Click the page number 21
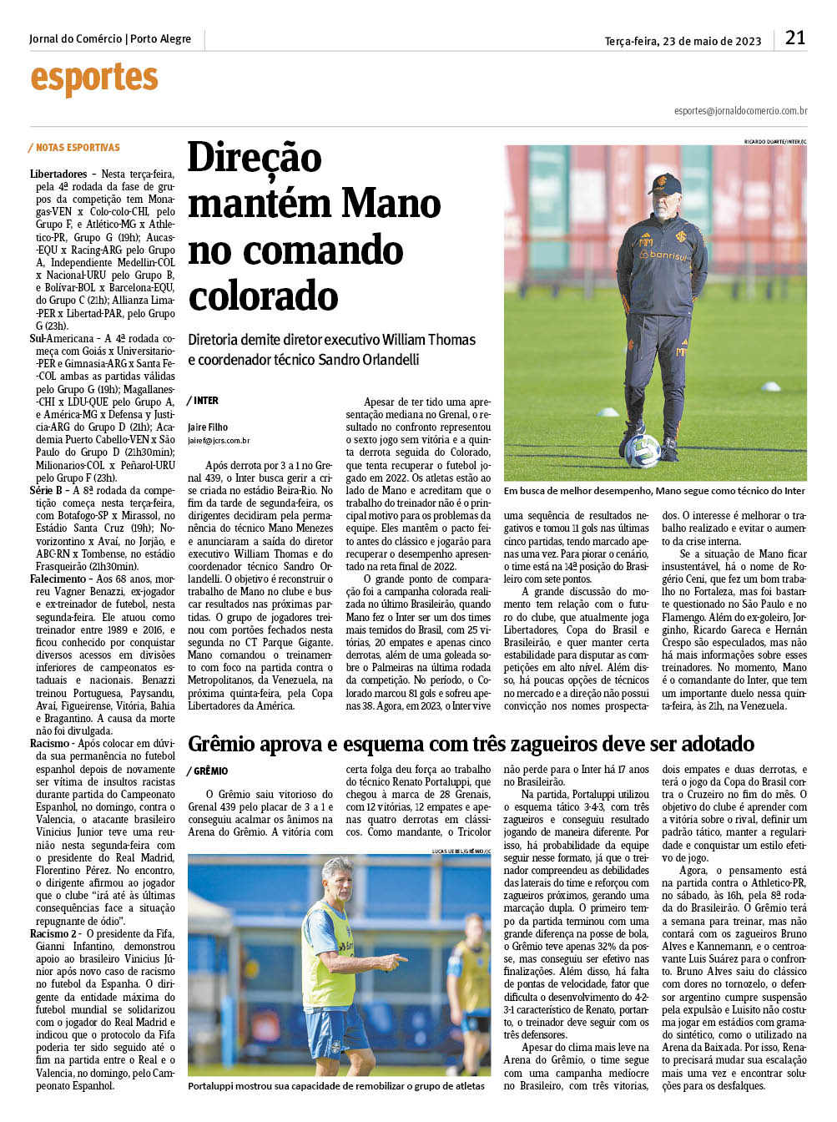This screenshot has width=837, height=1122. coord(794,38)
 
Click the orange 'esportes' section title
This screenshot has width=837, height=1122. coord(94,79)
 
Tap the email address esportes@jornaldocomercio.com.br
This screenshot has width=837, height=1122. coord(740,111)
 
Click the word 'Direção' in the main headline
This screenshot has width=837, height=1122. coord(255,158)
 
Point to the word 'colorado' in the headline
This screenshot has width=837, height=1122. coord(263,297)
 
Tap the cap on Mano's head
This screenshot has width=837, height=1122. coord(665,183)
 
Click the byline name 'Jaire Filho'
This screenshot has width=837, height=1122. coord(208,427)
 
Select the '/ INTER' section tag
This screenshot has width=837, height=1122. coord(204,401)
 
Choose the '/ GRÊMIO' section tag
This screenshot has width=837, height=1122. coord(208,771)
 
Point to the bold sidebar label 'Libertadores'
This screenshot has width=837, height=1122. coord(58,174)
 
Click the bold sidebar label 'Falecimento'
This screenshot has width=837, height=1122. coord(58,579)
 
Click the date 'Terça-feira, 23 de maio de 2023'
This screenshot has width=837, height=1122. coord(683,41)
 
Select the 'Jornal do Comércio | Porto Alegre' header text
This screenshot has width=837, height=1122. coord(109,39)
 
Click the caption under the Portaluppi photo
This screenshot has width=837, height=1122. coord(335,1085)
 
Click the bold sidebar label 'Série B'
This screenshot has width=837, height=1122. coord(46,490)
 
